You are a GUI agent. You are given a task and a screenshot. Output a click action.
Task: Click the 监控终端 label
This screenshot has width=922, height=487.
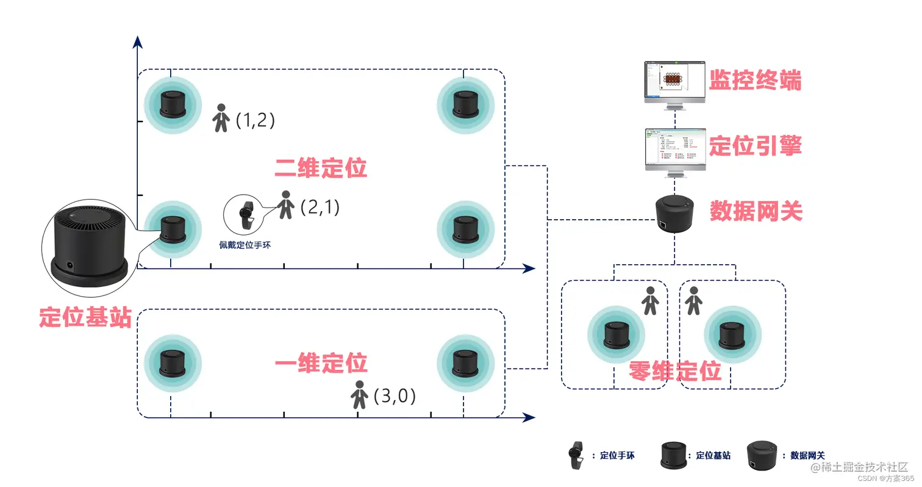[x=754, y=80]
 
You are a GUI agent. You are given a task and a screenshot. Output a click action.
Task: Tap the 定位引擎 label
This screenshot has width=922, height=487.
[x=754, y=146]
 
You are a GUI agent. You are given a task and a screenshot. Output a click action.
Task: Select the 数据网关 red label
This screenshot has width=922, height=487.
[x=756, y=211]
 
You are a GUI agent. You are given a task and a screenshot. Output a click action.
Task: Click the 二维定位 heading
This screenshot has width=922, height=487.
[x=321, y=168]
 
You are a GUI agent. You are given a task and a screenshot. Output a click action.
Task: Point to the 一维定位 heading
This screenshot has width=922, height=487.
[x=321, y=363]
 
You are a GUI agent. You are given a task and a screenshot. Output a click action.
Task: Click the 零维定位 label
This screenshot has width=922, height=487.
[x=675, y=371]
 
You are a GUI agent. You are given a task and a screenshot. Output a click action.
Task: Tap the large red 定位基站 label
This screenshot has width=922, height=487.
[x=85, y=317]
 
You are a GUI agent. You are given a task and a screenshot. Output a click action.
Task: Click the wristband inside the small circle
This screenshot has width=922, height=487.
[x=246, y=214]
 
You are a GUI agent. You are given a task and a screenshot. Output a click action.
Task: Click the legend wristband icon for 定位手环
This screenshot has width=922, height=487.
[x=574, y=455]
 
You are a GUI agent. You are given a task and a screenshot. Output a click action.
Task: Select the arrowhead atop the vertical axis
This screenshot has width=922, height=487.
[x=138, y=41]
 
